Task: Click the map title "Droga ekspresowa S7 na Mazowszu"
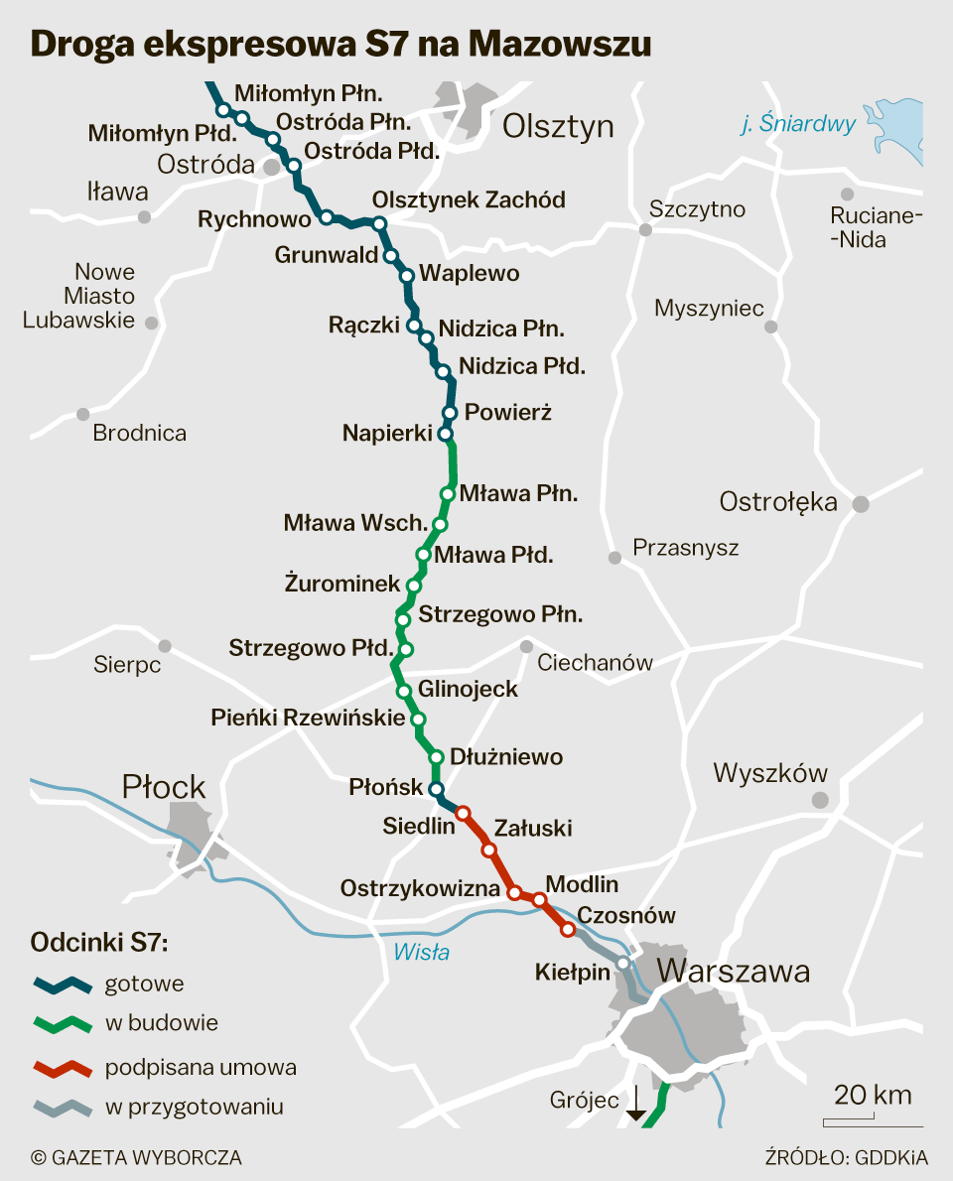coord(340,44)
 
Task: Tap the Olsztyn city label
coord(558,126)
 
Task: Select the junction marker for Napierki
coord(446,434)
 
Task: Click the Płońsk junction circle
coord(435,789)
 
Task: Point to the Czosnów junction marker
coord(568,930)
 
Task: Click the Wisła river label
coord(421,953)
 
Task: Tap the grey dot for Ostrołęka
coord(861,504)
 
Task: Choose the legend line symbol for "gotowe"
coord(62,984)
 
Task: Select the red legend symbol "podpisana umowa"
coord(62,1069)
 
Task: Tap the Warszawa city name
coord(734,971)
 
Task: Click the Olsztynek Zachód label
coord(469,199)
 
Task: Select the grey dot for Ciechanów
coord(527,647)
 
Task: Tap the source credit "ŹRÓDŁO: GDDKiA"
coord(847,1157)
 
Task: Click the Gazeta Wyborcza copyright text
coord(136,1157)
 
